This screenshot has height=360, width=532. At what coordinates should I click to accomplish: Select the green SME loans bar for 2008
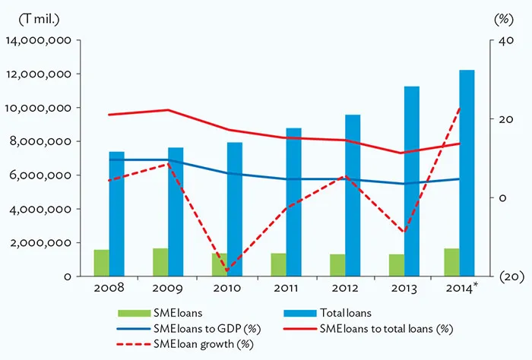tap(101, 263)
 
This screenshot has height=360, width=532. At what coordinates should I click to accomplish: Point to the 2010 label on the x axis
tap(227, 289)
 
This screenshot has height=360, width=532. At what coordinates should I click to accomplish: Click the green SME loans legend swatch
tap(133, 313)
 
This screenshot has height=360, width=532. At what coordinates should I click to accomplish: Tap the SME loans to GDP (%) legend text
tap(201, 328)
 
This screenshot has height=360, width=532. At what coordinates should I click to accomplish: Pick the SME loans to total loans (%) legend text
tap(386, 328)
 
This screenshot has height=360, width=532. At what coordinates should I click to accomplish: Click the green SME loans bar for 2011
tap(278, 265)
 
